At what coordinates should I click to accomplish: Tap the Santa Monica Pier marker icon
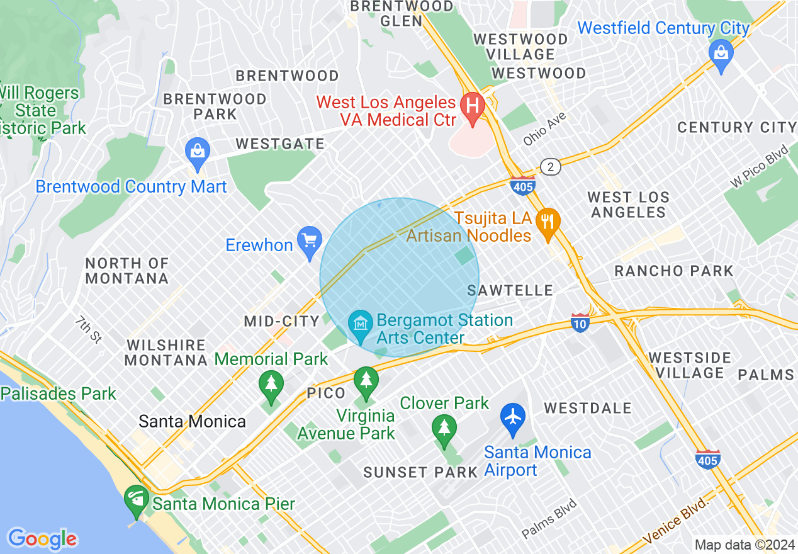[x=137, y=501]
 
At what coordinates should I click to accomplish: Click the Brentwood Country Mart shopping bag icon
[x=198, y=153]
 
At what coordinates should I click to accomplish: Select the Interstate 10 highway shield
[x=580, y=323]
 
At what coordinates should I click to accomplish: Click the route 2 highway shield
[x=551, y=167]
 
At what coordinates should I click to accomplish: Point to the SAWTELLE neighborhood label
[x=510, y=290]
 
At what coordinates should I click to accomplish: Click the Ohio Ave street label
[x=545, y=129]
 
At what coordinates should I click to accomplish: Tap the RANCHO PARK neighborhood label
[x=674, y=271]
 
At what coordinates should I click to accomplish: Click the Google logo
[x=42, y=539]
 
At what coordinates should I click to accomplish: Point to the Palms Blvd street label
[x=549, y=518]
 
